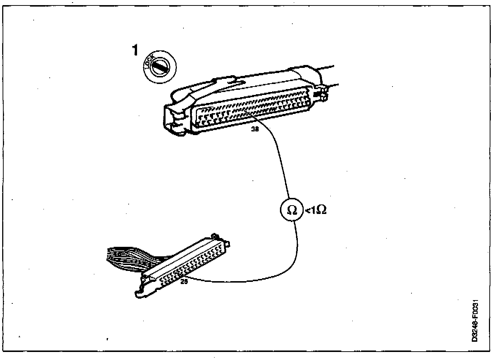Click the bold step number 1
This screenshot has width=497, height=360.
135,50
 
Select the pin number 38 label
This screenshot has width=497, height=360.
255,129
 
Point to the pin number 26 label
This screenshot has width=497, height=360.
184,282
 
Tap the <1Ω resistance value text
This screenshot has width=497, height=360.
315,210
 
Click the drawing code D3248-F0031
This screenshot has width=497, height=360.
475,321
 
